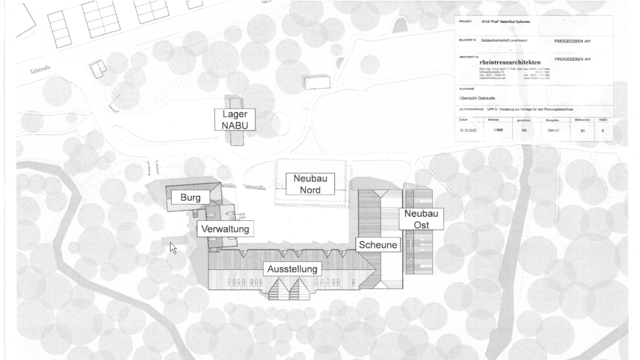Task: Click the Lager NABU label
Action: pos(235,120)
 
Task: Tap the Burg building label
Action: pos(190,197)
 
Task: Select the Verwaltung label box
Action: pos(225,229)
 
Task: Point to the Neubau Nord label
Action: pos(310,184)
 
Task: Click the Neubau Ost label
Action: pos(421,219)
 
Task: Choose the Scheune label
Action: pos(378,245)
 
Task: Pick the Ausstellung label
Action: pos(292,269)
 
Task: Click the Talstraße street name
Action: pos(40,69)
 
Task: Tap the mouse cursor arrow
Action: pos(173,248)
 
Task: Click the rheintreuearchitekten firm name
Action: pos(510,62)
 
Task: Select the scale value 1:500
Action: pos(498,130)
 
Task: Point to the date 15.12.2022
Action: pos(468,131)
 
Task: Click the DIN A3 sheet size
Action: pos(553,131)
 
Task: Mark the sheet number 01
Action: pos(583,131)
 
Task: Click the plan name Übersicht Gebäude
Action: pos(477,98)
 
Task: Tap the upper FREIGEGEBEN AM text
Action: pos(572,41)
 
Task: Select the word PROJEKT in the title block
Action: pos(465,21)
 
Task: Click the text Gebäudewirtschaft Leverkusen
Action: pos(504,40)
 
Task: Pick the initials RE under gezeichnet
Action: pos(524,131)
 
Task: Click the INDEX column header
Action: pos(603,120)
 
